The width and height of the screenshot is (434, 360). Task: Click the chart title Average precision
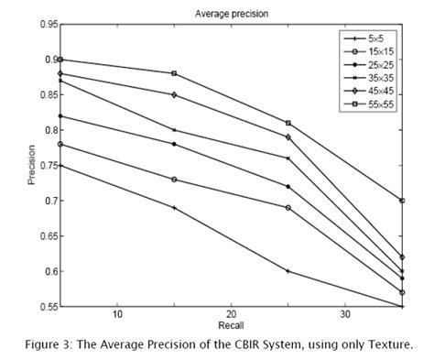219,14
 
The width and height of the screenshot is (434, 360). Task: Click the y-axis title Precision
32,165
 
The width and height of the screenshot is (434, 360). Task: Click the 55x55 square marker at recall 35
402,200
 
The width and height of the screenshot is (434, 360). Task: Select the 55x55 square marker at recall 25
288,123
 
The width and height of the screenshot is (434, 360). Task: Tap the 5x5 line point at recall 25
288,270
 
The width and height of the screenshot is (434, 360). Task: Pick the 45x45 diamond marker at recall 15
173,94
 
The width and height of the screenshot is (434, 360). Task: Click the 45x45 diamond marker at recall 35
402,256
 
